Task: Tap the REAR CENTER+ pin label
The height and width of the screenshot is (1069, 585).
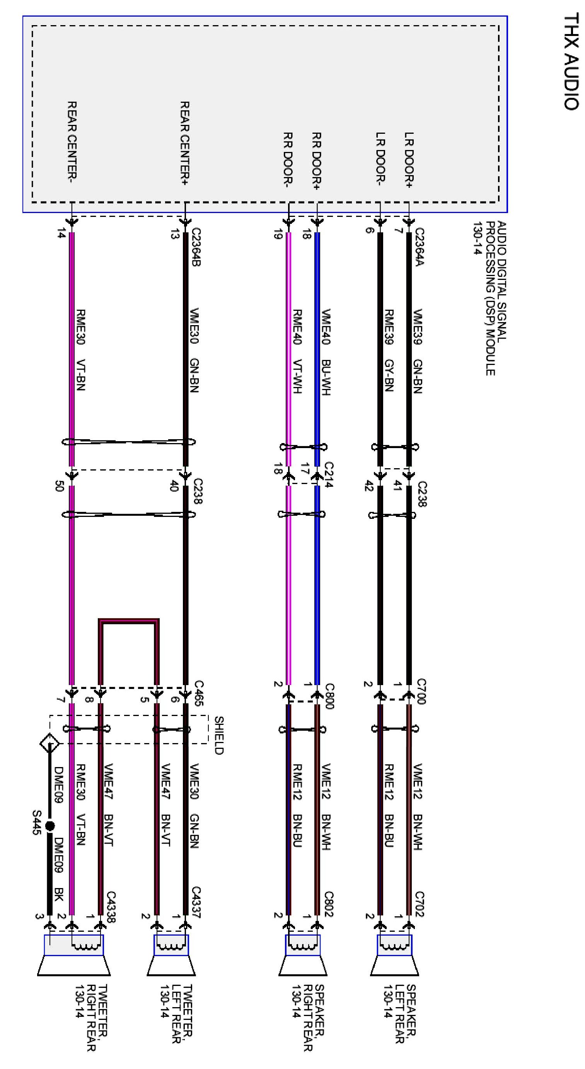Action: pyautogui.click(x=185, y=143)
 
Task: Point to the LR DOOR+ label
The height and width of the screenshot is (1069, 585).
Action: pyautogui.click(x=409, y=160)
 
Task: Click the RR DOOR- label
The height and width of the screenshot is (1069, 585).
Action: pyautogui.click(x=288, y=158)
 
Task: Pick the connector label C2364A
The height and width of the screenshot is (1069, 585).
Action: pyautogui.click(x=420, y=247)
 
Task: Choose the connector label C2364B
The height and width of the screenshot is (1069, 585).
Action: pyautogui.click(x=196, y=247)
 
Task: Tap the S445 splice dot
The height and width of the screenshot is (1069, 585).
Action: pyautogui.click(x=50, y=826)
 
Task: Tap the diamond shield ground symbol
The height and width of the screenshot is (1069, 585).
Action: pyautogui.click(x=49, y=743)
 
